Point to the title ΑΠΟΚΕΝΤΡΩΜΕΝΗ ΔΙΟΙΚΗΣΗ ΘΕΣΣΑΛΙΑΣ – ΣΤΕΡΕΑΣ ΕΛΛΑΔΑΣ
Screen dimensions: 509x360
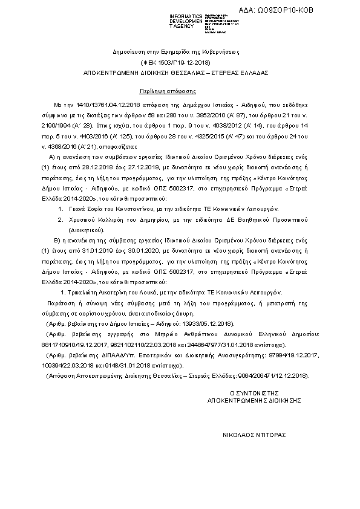[175, 72]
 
